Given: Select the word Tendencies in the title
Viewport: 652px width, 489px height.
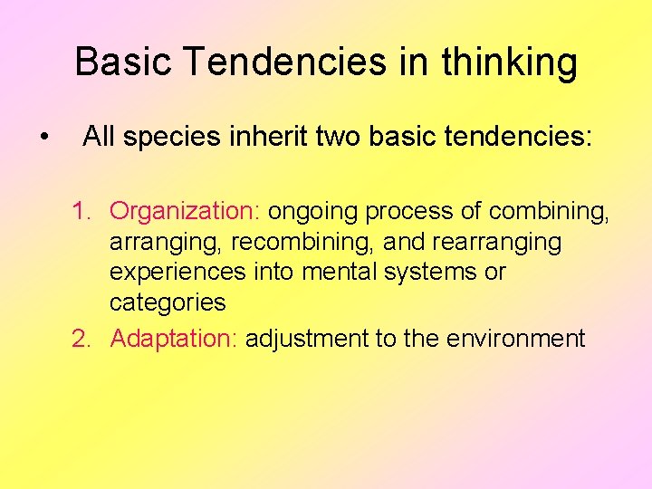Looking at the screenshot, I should [289, 62].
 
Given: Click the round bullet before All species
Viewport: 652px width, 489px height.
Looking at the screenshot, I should [44, 138].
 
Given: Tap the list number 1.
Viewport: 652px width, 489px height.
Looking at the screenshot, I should [81, 212].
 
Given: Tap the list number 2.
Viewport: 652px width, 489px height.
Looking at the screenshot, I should [81, 340].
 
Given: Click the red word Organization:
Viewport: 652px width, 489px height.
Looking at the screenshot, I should [186, 212].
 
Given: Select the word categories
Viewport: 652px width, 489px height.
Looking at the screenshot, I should [168, 302].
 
